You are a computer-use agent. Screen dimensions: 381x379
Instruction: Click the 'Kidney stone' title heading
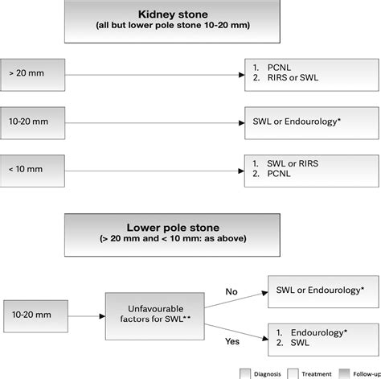(x=173, y=14)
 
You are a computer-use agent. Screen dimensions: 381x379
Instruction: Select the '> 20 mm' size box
(x=32, y=75)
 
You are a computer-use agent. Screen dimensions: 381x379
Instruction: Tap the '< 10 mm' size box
(x=32, y=171)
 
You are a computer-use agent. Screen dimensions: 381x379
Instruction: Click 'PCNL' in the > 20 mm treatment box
(x=279, y=68)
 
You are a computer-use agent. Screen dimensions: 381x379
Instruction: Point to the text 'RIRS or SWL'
(x=293, y=77)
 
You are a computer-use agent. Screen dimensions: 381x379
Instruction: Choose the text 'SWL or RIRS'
(x=293, y=163)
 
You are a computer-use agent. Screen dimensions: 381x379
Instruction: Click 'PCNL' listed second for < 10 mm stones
(x=279, y=174)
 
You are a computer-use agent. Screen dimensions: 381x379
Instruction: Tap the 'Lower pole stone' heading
(x=173, y=228)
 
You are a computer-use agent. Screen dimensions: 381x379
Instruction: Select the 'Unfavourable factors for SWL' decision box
(x=155, y=316)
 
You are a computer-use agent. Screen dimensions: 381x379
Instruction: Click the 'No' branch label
(x=231, y=291)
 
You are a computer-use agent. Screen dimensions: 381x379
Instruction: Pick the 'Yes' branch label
(x=232, y=341)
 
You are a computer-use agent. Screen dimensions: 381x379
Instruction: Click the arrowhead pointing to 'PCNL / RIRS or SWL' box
(x=241, y=75)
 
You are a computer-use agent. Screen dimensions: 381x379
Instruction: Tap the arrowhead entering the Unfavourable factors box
(x=102, y=316)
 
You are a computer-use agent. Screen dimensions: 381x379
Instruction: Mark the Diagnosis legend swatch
(x=245, y=374)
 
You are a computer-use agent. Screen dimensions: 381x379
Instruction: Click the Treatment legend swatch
(x=293, y=374)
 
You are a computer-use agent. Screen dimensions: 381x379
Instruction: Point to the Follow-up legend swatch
(x=344, y=374)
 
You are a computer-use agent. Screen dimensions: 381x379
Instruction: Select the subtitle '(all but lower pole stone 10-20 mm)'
(x=173, y=25)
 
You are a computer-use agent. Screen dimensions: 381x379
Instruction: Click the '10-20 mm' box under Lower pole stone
(x=35, y=316)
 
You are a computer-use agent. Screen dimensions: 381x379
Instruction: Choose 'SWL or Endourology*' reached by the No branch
(x=320, y=290)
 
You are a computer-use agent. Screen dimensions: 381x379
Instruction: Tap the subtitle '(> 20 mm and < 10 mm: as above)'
(x=173, y=238)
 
